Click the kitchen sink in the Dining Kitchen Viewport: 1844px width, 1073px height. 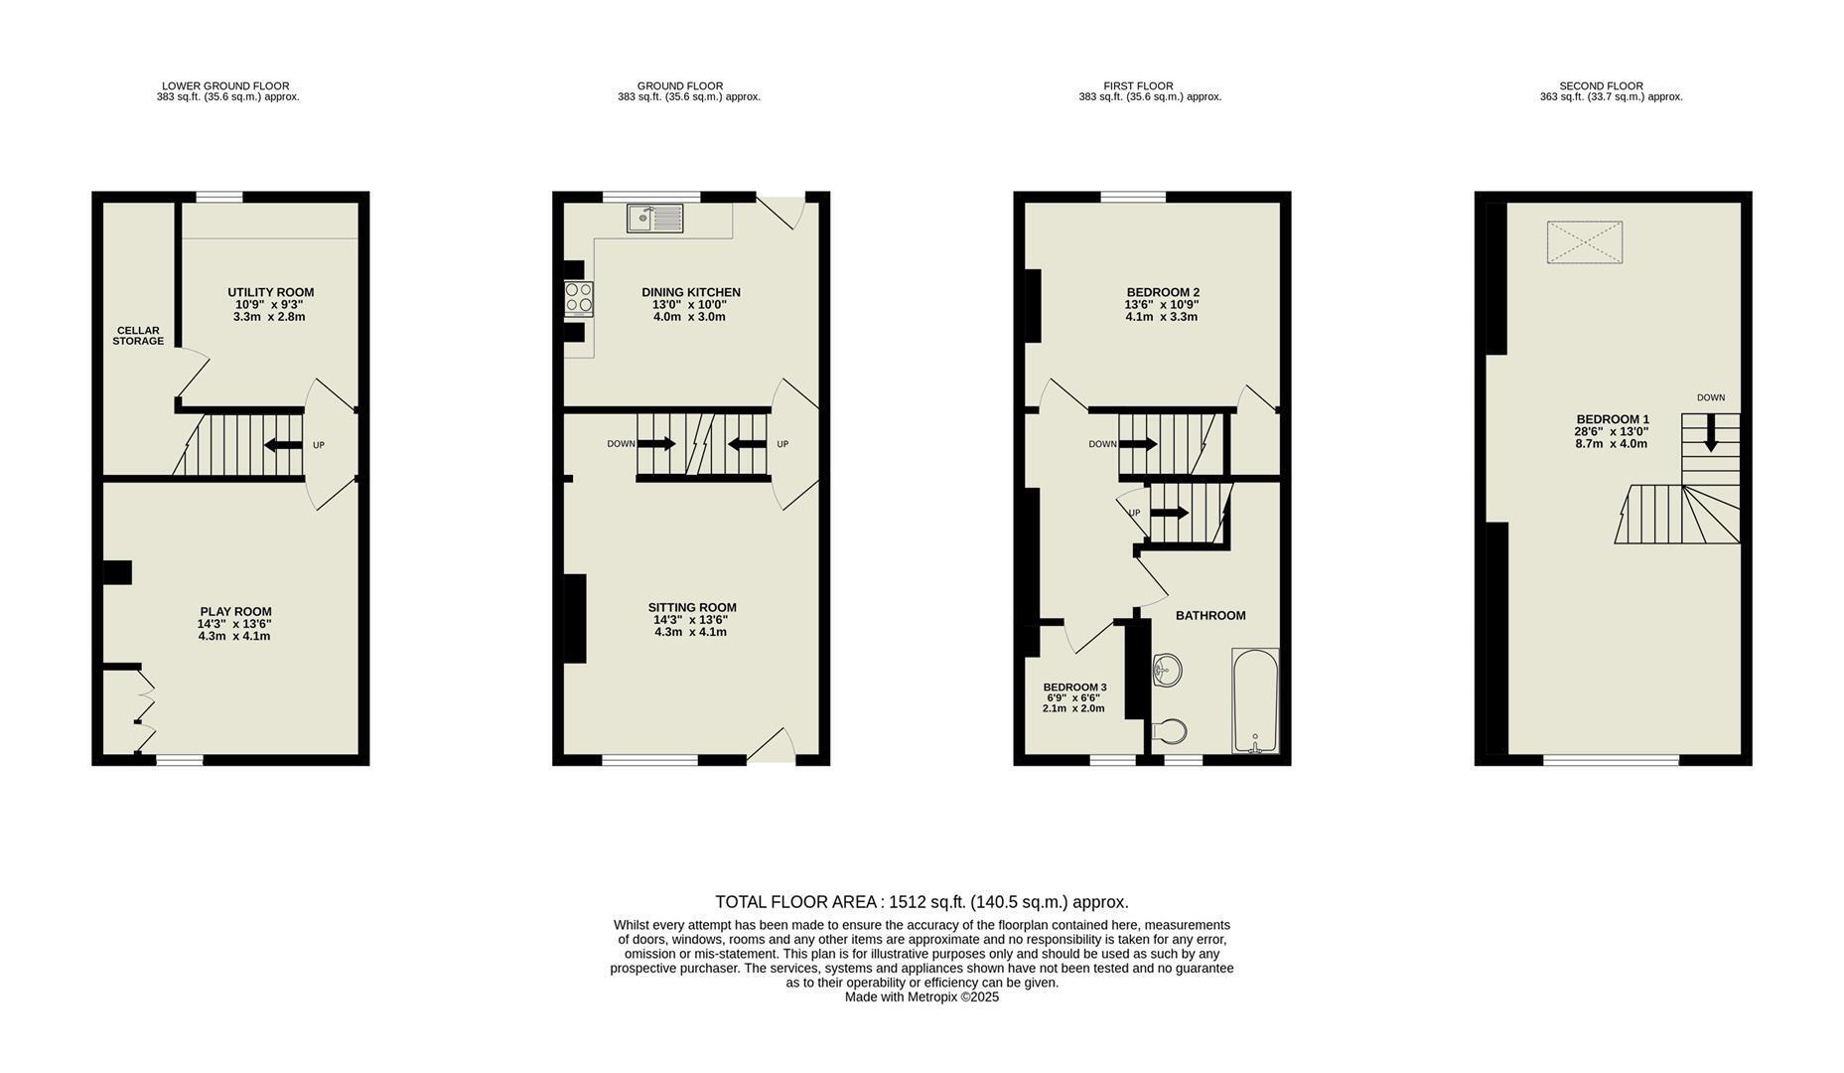tap(655, 218)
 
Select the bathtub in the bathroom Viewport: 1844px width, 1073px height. tap(1255, 701)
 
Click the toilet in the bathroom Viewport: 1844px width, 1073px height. tap(1169, 732)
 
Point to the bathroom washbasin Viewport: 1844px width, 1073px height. tap(1166, 670)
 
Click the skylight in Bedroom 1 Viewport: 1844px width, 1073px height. tap(1585, 242)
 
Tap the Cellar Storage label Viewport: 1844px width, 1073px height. tap(138, 336)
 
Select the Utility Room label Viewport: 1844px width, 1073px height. tap(270, 292)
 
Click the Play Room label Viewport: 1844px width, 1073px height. tap(235, 612)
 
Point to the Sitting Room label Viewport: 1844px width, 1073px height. tap(692, 608)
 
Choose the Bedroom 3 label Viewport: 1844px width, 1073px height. tap(1074, 688)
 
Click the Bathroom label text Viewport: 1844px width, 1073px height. tap(1210, 616)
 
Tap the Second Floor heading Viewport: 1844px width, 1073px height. tap(1601, 86)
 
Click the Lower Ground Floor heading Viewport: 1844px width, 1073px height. tap(225, 86)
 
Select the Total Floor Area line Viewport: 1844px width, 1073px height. tap(922, 902)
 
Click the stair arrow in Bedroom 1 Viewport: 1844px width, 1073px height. tap(1711, 433)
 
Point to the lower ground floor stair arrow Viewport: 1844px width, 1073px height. tap(284, 445)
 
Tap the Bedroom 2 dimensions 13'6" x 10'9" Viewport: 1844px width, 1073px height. tap(1162, 305)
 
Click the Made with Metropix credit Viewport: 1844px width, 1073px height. tap(922, 997)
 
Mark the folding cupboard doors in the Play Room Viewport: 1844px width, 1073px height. tap(145, 711)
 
